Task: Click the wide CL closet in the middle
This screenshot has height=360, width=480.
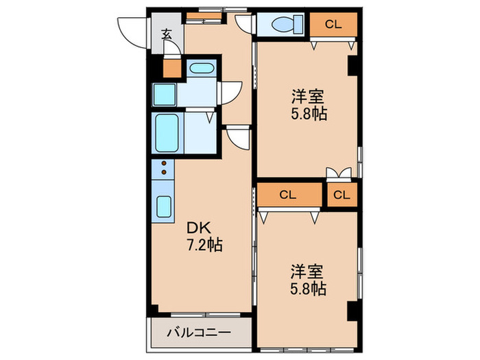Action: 288,195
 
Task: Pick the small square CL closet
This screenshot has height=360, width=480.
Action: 341,195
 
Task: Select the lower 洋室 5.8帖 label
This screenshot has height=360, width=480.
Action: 306,279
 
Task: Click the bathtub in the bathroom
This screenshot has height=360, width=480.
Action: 166,132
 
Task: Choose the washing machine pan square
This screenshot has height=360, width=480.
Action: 165,94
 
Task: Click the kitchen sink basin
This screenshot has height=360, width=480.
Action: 165,205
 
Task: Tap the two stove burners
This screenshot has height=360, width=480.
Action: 165,168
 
